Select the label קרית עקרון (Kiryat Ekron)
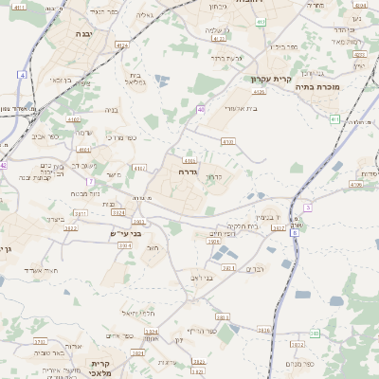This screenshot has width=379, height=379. tap(271, 80)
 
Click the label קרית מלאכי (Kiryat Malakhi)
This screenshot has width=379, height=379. tap(101, 369)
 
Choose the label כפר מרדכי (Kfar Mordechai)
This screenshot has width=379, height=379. tap(120, 138)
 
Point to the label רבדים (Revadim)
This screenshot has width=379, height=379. tap(255, 269)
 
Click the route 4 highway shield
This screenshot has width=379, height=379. tap(22, 74)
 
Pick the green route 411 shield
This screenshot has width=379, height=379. tap(334, 118)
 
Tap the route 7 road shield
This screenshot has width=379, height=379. tap(90, 180)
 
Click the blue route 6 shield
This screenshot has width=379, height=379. tap(295, 230)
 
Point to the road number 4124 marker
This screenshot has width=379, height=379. tap(121, 45)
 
